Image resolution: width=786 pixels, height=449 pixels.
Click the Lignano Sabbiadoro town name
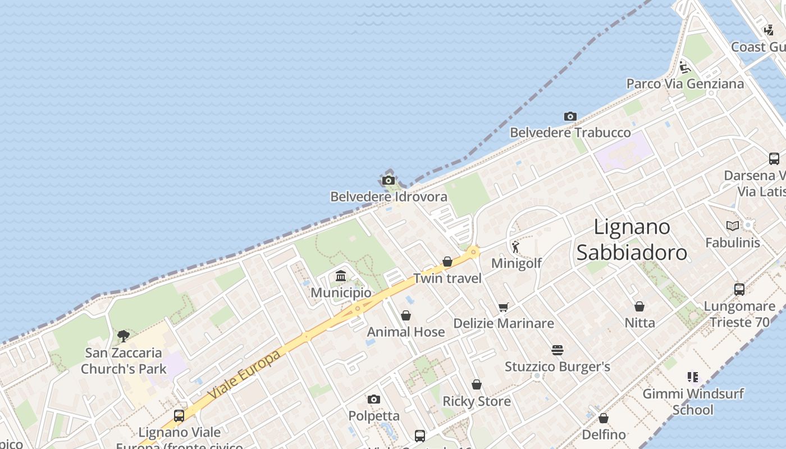coord(632,240)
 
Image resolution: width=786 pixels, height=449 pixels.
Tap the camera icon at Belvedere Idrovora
coord(388,180)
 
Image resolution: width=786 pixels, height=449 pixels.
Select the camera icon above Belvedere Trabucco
coord(570,116)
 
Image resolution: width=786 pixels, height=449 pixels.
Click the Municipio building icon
coord(341,276)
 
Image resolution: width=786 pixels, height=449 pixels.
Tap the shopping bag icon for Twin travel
coord(447,262)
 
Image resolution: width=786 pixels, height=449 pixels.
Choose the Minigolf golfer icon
coord(515,246)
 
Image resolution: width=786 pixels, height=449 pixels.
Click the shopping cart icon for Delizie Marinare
coord(503,307)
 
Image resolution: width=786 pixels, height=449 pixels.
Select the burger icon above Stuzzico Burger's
coord(557,350)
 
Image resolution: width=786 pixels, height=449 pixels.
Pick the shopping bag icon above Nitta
coord(639,306)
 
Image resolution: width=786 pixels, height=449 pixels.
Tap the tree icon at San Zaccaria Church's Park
coord(124,336)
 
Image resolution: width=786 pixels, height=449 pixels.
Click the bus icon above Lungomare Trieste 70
coord(739,290)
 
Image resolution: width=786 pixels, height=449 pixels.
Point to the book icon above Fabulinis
coord(732,226)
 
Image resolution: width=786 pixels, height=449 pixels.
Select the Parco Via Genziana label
coord(685,84)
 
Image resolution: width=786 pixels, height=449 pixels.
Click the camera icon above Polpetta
coord(374,400)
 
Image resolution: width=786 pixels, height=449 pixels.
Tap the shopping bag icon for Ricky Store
coord(477,384)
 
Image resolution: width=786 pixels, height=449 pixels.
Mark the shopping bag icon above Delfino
coord(604,418)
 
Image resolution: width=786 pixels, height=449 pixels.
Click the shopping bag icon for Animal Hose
coord(406,315)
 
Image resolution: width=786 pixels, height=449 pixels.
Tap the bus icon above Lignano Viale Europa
coord(179,416)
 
